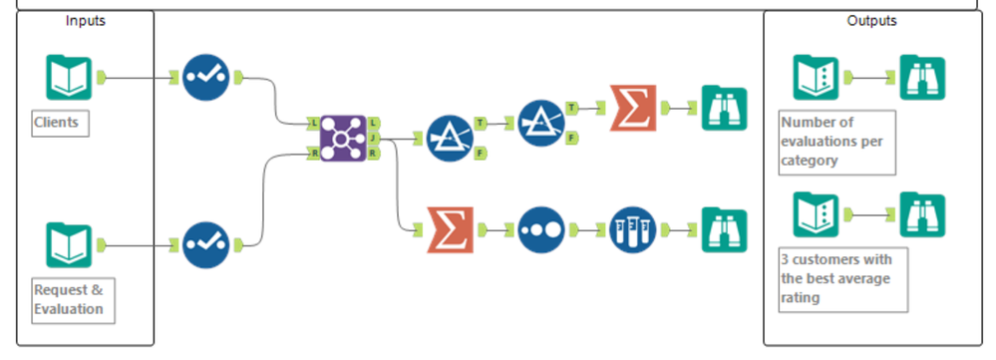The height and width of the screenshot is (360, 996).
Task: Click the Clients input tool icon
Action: [69, 77]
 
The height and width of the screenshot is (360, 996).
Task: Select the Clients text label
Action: [57, 124]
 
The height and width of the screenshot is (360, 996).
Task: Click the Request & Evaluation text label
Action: [69, 300]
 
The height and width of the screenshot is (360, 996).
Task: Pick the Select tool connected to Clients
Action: [206, 77]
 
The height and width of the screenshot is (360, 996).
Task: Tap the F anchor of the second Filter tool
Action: [571, 138]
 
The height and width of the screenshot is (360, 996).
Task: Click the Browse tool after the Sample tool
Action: [723, 229]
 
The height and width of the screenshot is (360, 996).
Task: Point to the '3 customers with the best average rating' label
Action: [842, 279]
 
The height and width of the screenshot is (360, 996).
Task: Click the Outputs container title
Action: [871, 20]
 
